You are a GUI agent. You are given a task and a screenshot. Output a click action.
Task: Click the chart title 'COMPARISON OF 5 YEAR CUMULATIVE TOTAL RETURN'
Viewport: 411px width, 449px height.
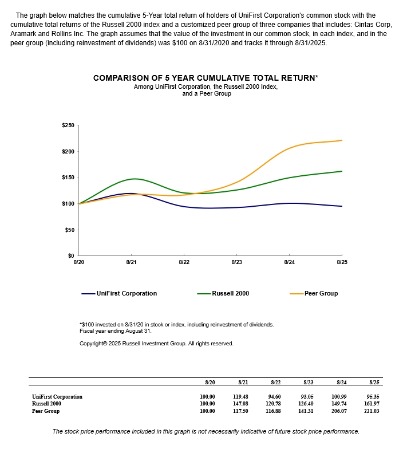point(205,78)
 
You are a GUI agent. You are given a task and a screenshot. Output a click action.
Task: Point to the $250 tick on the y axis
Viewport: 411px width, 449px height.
point(68,125)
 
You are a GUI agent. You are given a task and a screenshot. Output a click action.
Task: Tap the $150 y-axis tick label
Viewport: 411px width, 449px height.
point(68,178)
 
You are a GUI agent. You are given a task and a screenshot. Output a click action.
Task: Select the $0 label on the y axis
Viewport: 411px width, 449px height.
point(71,256)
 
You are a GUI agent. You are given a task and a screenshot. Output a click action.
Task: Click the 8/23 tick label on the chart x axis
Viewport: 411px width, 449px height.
point(236,262)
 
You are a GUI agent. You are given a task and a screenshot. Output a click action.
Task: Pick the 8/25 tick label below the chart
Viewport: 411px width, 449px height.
point(342,262)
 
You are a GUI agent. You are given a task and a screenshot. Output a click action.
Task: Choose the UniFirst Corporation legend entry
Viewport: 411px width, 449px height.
point(127,293)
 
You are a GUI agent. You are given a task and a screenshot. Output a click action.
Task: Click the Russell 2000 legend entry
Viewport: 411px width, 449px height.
point(230,293)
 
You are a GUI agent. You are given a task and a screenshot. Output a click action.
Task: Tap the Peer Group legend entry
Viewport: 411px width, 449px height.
point(321,293)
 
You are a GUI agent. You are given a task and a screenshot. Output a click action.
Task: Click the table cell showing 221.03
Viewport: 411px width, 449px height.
point(373,411)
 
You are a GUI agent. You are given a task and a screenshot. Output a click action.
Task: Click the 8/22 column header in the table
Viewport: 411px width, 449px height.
point(275,382)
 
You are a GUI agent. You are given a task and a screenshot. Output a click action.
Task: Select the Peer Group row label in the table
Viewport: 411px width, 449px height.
point(46,411)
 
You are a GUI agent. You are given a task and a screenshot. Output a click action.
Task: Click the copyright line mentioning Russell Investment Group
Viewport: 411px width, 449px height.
point(156,344)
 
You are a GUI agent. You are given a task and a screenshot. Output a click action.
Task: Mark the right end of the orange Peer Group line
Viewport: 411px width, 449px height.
point(342,140)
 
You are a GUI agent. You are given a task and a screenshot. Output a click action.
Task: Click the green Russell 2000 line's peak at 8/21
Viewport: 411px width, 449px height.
point(132,179)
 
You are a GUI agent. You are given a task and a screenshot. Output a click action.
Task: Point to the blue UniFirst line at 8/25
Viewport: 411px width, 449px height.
point(342,206)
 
